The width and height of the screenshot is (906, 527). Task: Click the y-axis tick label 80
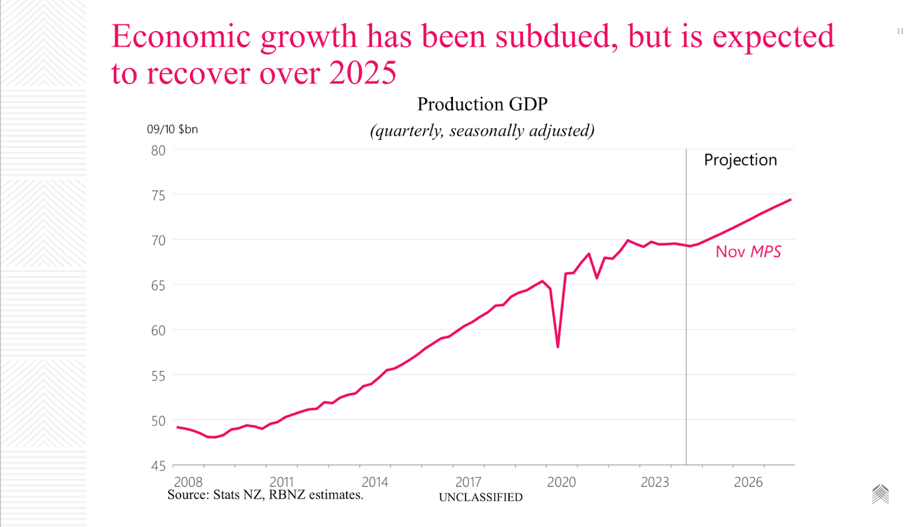pyautogui.click(x=158, y=150)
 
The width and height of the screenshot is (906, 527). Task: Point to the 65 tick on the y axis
pyautogui.click(x=158, y=286)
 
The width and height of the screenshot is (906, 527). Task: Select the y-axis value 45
pyautogui.click(x=158, y=466)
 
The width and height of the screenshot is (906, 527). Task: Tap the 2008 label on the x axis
pyautogui.click(x=188, y=482)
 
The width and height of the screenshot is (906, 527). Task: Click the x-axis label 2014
pyautogui.click(x=375, y=482)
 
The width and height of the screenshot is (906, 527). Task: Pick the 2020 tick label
pyautogui.click(x=561, y=482)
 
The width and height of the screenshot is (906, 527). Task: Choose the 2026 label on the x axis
pyautogui.click(x=748, y=482)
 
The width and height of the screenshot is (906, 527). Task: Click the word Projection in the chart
pyautogui.click(x=740, y=160)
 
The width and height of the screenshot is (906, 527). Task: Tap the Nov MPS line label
pyautogui.click(x=748, y=252)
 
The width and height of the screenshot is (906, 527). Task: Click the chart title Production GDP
pyautogui.click(x=482, y=104)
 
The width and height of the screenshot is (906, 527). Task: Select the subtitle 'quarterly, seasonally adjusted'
pyautogui.click(x=482, y=130)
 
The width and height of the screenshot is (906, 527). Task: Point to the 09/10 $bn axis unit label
pyautogui.click(x=172, y=129)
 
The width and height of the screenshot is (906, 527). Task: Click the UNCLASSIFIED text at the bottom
pyautogui.click(x=480, y=497)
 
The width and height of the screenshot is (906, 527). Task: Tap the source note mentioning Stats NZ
pyautogui.click(x=265, y=495)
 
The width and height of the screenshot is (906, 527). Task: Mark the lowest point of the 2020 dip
pyautogui.click(x=557, y=346)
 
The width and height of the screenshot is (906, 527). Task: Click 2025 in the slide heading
pyautogui.click(x=363, y=73)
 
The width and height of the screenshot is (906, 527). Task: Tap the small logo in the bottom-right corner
pyautogui.click(x=880, y=494)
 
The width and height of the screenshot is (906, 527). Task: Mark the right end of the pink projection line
pyautogui.click(x=790, y=200)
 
